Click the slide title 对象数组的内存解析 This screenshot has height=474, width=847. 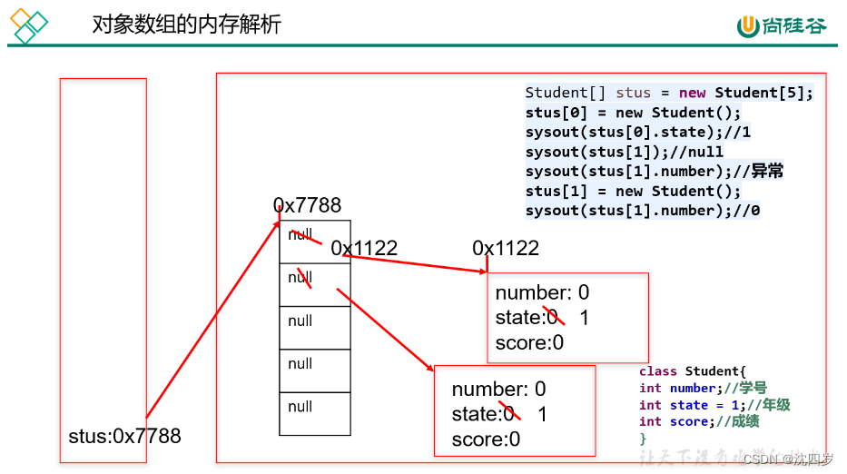[187, 25]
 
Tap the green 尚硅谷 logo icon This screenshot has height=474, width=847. [748, 26]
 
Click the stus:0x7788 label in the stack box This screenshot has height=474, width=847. [124, 436]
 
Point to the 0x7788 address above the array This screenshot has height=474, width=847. [308, 206]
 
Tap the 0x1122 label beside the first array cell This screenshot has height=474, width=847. [364, 248]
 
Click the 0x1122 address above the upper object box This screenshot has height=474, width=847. [506, 248]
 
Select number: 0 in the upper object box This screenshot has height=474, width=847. [542, 292]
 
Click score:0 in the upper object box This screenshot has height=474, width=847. [529, 342]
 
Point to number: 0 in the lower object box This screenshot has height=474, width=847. [498, 390]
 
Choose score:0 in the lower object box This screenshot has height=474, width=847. [486, 439]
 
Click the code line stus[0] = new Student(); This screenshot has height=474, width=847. [633, 113]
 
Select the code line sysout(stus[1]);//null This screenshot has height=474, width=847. [624, 152]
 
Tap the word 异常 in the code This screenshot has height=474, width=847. [767, 171]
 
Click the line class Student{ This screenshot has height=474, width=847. [692, 371]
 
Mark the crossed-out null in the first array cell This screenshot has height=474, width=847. [301, 234]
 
